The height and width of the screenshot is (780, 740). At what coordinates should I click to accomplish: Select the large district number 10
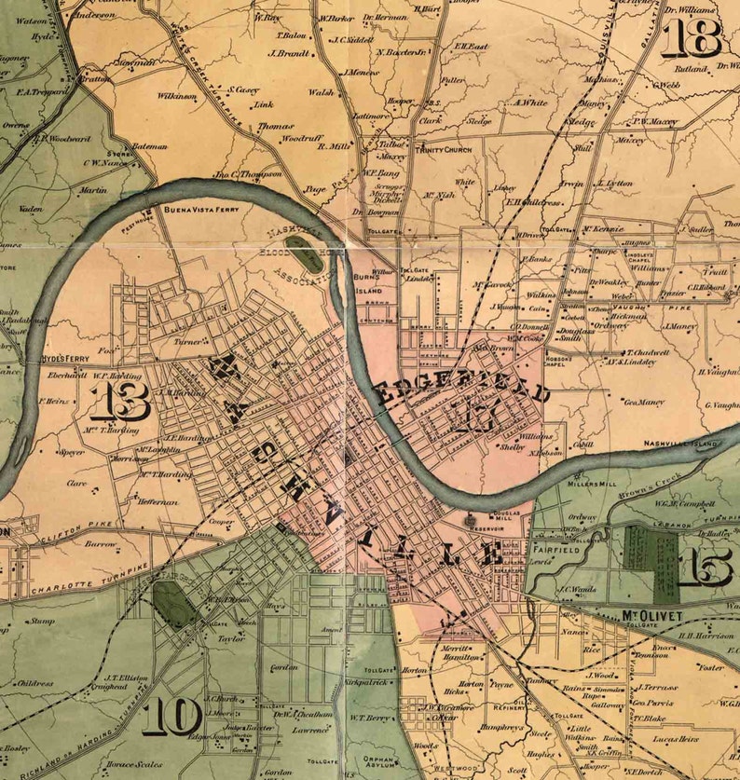[172, 717]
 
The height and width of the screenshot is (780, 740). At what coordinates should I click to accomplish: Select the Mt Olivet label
[651, 616]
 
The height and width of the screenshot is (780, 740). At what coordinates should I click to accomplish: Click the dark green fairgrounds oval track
[173, 605]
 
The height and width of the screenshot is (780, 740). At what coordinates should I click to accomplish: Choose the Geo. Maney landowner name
[643, 402]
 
